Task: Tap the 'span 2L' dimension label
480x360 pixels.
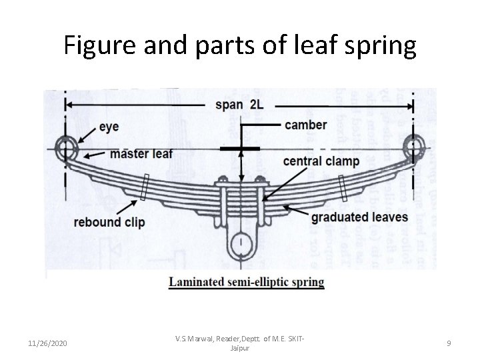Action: pyautogui.click(x=239, y=105)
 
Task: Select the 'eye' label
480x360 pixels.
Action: pyautogui.click(x=109, y=126)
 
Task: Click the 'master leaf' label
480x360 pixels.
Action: pyautogui.click(x=141, y=154)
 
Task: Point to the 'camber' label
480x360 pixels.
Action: pyautogui.click(x=306, y=125)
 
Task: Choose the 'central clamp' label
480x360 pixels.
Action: pyautogui.click(x=321, y=161)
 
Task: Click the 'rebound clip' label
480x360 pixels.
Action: pyautogui.click(x=109, y=221)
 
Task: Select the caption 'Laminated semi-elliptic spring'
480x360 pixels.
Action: pyautogui.click(x=246, y=282)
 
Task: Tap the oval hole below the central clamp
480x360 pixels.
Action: pyautogui.click(x=240, y=241)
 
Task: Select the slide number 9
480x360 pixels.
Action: pyautogui.click(x=449, y=343)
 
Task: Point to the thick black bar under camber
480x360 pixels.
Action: pyautogui.click(x=240, y=148)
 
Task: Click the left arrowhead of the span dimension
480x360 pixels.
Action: pyautogui.click(x=69, y=105)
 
